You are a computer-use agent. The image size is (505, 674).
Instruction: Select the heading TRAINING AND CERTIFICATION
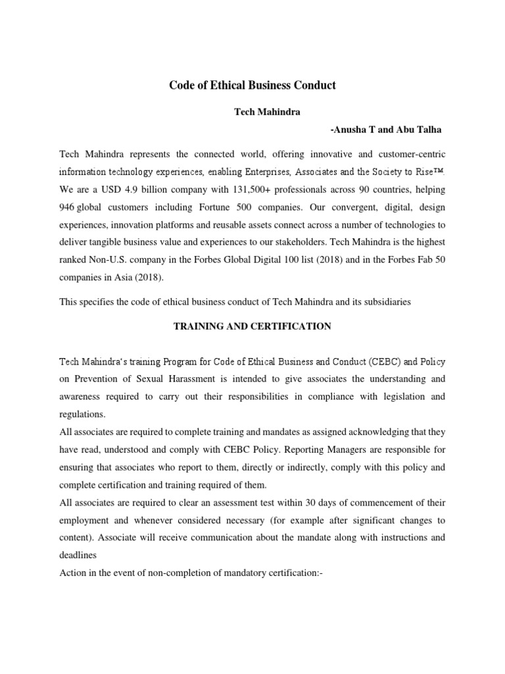click(252, 326)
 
